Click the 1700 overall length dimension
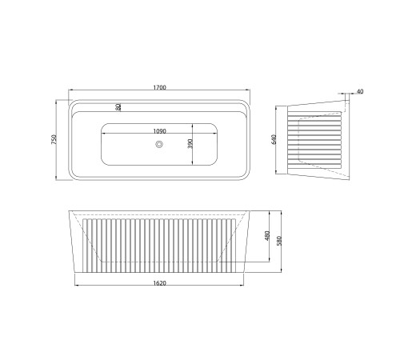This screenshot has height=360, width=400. click(159, 87)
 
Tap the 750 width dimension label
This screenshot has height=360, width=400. click(54, 140)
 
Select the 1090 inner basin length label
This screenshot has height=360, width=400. click(159, 131)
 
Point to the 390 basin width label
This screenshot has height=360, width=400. click(190, 144)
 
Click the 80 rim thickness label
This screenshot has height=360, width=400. click(118, 107)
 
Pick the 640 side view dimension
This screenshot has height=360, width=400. click(274, 140)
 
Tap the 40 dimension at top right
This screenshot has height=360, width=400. click(360, 91)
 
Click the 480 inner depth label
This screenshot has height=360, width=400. click(268, 236)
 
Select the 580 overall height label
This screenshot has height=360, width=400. click(279, 241)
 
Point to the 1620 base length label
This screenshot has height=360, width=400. click(159, 283)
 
